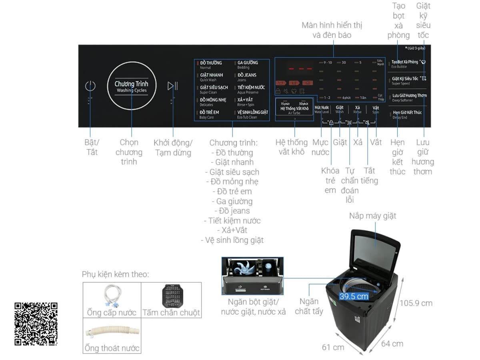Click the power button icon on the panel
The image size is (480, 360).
(90, 86)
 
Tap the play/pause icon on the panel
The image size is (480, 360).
(173, 86)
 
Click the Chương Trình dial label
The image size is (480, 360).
(131, 86)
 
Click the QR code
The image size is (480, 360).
(36, 324)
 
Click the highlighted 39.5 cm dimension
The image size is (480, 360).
(354, 296)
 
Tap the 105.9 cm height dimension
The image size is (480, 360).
(416, 303)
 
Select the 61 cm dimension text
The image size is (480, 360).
(333, 347)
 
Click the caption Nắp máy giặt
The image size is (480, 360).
(372, 216)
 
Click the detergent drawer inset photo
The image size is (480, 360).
(252, 276)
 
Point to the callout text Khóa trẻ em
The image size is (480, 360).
(330, 180)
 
